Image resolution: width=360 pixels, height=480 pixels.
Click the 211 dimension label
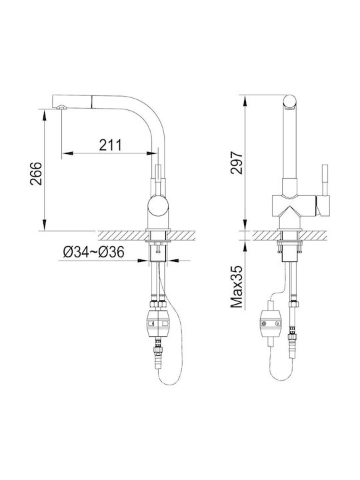(110, 145)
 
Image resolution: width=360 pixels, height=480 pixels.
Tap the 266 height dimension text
(36, 173)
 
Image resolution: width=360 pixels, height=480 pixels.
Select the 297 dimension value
(236, 163)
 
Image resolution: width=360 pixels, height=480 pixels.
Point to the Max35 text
(236, 287)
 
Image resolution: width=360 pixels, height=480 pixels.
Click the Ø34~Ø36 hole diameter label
(94, 252)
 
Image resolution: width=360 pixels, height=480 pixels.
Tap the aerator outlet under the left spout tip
(61, 107)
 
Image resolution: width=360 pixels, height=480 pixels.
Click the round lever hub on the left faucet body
(158, 206)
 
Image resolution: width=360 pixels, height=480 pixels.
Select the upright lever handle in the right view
(324, 181)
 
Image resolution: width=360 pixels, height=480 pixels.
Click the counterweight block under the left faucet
(158, 323)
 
